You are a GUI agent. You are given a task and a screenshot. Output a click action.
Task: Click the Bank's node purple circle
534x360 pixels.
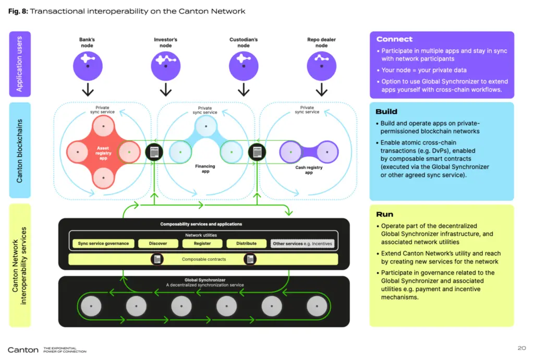click(x=88, y=65)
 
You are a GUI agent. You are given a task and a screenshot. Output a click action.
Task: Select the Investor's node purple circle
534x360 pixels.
click(x=165, y=65)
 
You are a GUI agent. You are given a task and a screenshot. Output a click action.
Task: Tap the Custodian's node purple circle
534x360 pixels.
click(x=244, y=65)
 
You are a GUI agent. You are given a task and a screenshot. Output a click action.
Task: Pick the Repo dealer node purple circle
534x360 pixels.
click(x=321, y=65)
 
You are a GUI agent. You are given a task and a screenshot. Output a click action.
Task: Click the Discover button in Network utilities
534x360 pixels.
click(x=158, y=244)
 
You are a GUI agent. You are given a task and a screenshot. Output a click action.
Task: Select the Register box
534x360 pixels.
click(x=202, y=244)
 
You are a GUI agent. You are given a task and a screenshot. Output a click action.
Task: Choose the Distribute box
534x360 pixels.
click(x=246, y=244)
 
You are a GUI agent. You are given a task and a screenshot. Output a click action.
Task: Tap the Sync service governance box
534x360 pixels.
click(x=103, y=244)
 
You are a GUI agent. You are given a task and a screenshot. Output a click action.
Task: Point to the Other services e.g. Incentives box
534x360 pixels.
click(x=302, y=244)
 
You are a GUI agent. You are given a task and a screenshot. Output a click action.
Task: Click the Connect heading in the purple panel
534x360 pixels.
click(x=394, y=39)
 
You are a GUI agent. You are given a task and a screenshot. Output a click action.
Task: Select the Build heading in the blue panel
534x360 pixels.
click(x=386, y=112)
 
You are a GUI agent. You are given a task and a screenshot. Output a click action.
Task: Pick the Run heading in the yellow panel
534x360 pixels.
click(x=384, y=214)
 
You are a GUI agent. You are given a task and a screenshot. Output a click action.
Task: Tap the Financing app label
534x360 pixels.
click(x=205, y=169)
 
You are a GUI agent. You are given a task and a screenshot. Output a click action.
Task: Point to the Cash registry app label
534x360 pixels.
click(x=309, y=170)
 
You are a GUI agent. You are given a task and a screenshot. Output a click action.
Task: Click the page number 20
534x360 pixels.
click(x=521, y=348)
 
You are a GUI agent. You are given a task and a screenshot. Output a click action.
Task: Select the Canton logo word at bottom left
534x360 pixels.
click(x=23, y=350)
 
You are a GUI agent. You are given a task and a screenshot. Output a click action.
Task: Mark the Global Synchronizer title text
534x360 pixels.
click(x=204, y=280)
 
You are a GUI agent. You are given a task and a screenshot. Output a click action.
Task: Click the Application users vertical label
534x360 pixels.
click(x=20, y=64)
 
